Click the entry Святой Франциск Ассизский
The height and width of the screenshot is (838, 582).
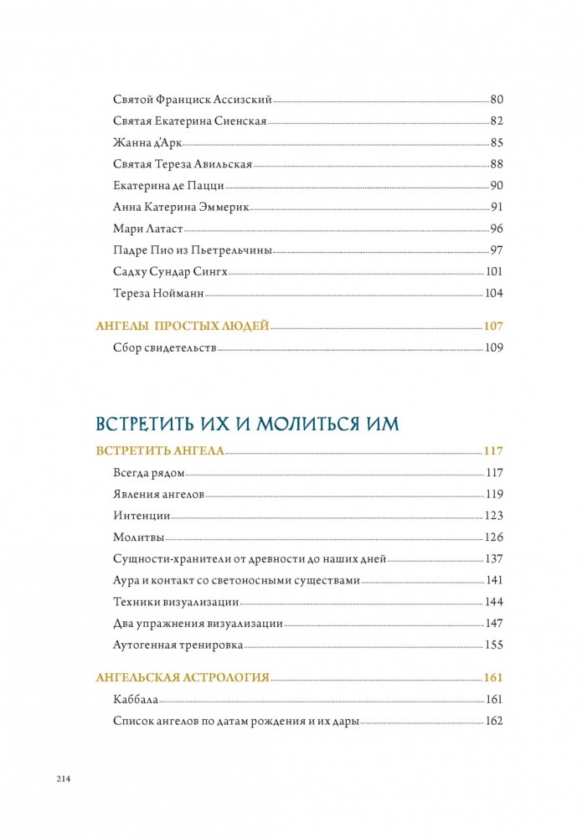(x=192, y=100)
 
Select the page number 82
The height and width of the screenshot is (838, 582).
(x=496, y=121)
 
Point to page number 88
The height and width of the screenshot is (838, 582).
(x=496, y=165)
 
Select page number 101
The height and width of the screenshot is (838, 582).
(x=493, y=272)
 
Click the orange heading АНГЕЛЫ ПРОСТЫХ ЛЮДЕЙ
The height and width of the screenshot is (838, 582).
(x=183, y=326)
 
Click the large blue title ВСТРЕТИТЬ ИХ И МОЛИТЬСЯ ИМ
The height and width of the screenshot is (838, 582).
(x=248, y=423)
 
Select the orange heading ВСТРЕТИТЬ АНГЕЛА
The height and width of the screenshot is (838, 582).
(x=161, y=450)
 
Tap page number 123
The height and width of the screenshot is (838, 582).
(x=493, y=516)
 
